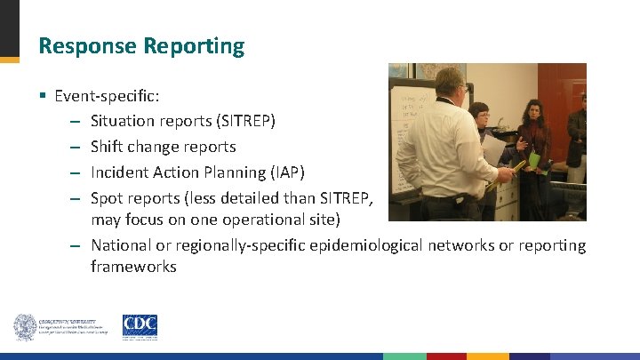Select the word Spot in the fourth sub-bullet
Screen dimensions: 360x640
click(x=107, y=197)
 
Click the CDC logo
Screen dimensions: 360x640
click(x=140, y=327)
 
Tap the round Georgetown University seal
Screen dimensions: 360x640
click(x=25, y=327)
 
